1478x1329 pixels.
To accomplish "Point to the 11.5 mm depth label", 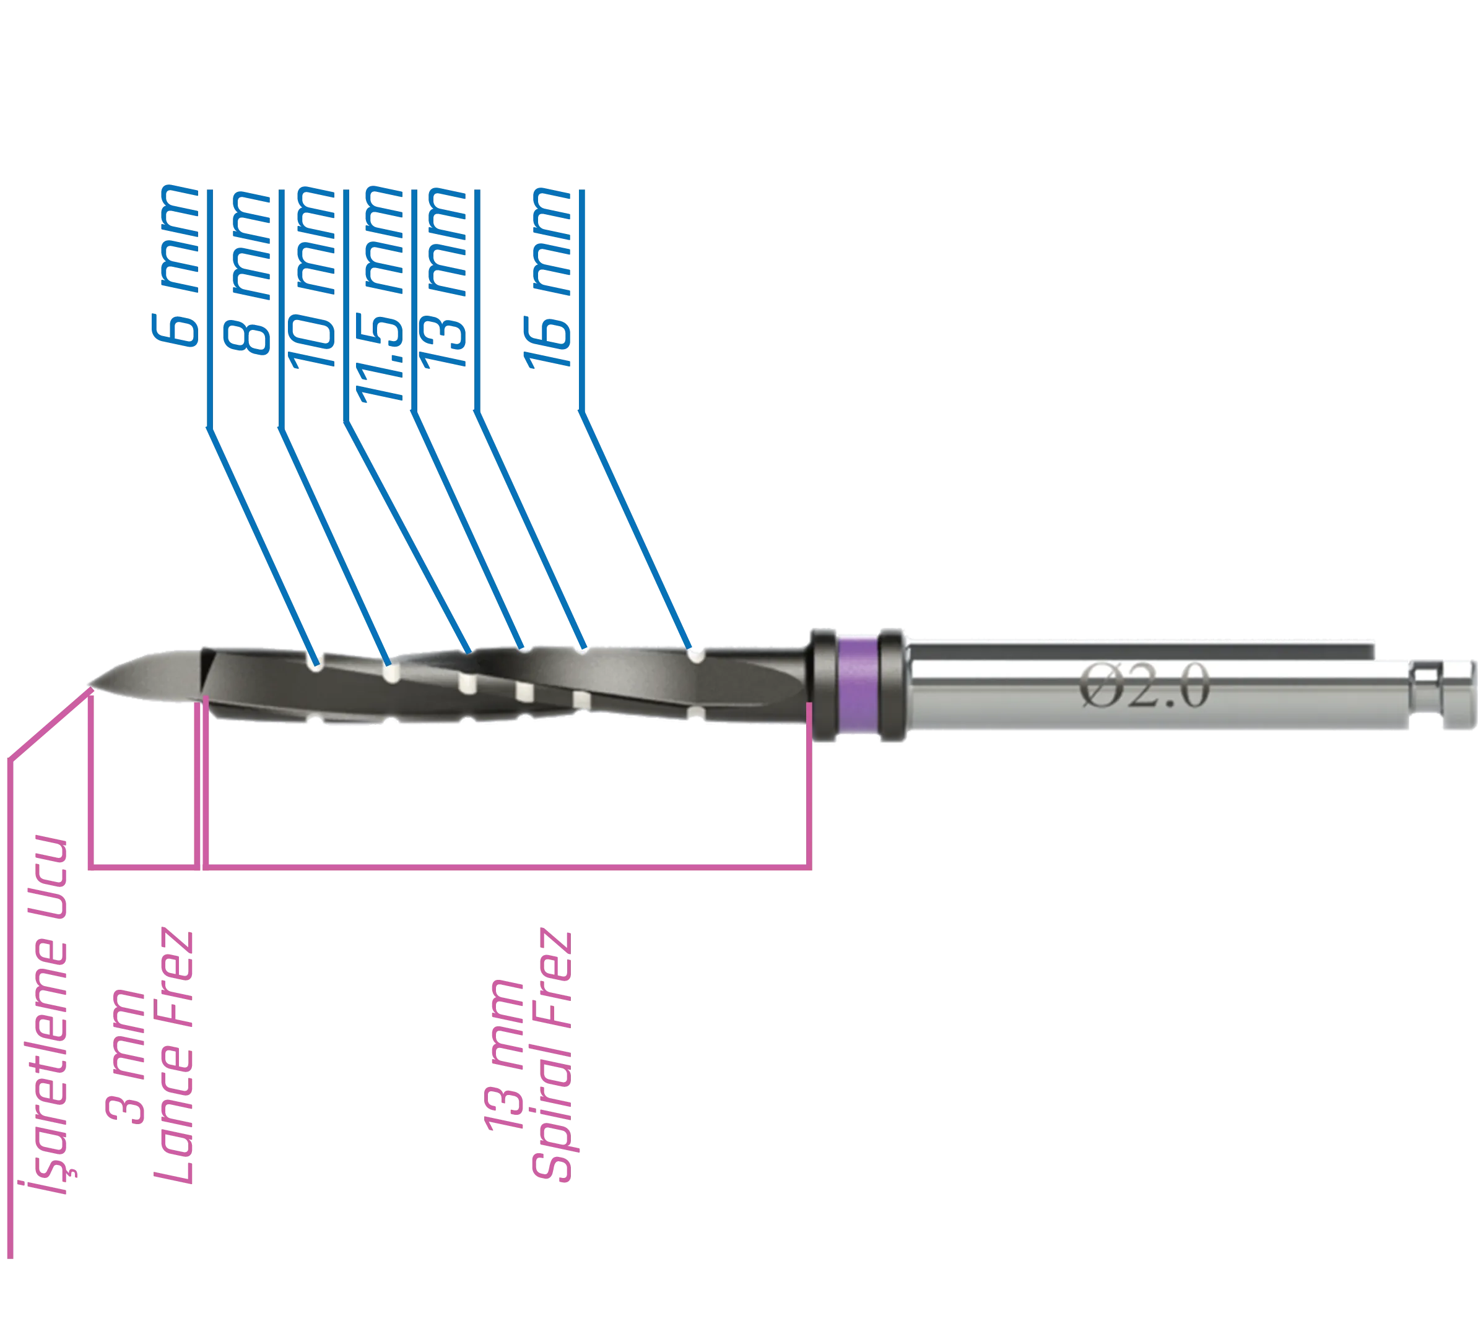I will pos(383,292).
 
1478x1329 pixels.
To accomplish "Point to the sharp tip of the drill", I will pos(90,684).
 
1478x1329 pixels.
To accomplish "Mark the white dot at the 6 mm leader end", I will pos(317,665).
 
